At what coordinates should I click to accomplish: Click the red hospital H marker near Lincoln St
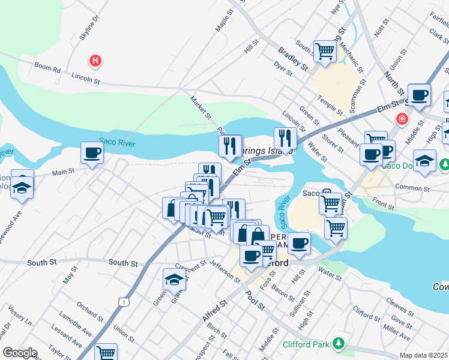click(x=95, y=61)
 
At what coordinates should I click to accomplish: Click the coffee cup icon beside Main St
click(x=92, y=153)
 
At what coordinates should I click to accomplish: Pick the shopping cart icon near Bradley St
click(x=325, y=51)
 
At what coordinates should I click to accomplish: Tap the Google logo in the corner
click(x=20, y=353)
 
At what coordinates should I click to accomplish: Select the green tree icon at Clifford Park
click(x=339, y=343)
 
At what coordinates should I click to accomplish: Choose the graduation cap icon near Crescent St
click(x=174, y=279)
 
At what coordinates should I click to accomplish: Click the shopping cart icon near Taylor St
click(x=106, y=353)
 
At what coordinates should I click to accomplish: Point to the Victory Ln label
click(x=20, y=316)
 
